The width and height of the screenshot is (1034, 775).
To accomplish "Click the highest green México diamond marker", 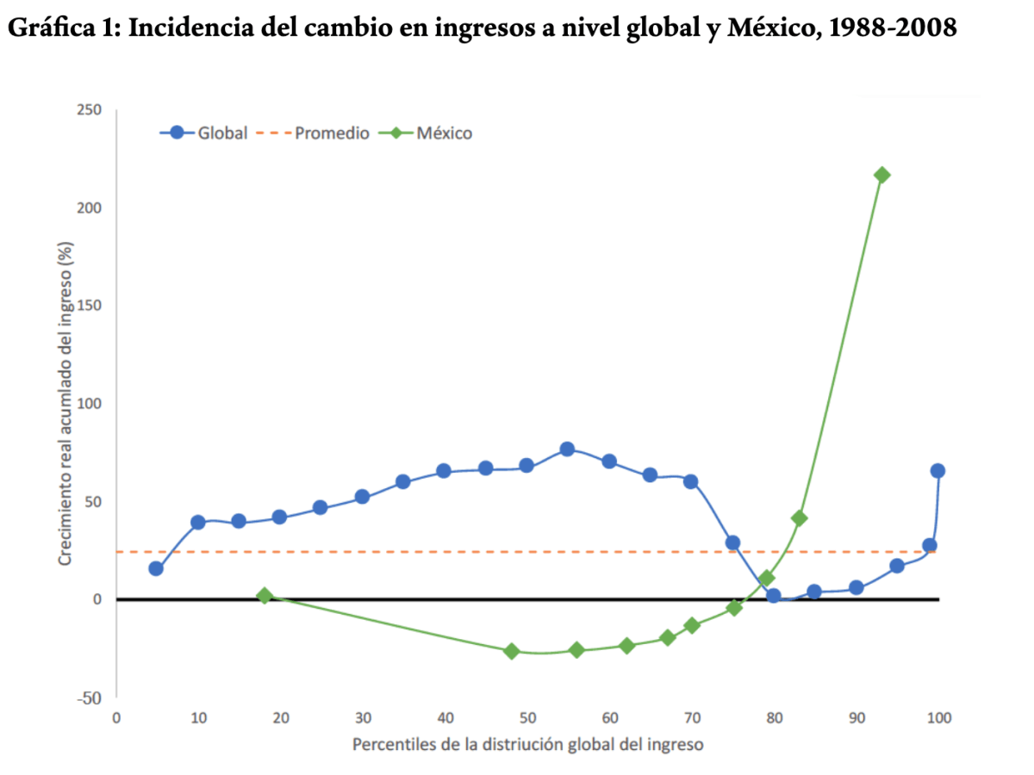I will click(881, 175).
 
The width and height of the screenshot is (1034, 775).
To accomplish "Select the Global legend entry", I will click(204, 133).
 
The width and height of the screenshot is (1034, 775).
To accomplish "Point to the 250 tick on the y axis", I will click(90, 110).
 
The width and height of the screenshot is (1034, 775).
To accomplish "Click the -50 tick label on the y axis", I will click(89, 697).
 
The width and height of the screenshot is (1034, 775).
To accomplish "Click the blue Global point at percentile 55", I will click(567, 449).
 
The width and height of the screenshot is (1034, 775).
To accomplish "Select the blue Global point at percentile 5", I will click(156, 568).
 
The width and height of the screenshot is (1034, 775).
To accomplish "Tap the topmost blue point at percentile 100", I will click(937, 471).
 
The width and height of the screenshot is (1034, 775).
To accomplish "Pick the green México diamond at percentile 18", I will click(265, 596).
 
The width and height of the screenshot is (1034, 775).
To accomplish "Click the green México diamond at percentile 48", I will click(512, 651).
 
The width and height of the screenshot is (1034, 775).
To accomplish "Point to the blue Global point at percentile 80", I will click(773, 596).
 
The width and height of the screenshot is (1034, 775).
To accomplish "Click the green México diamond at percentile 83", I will click(799, 518).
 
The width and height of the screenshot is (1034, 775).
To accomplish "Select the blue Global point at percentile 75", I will click(732, 542).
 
